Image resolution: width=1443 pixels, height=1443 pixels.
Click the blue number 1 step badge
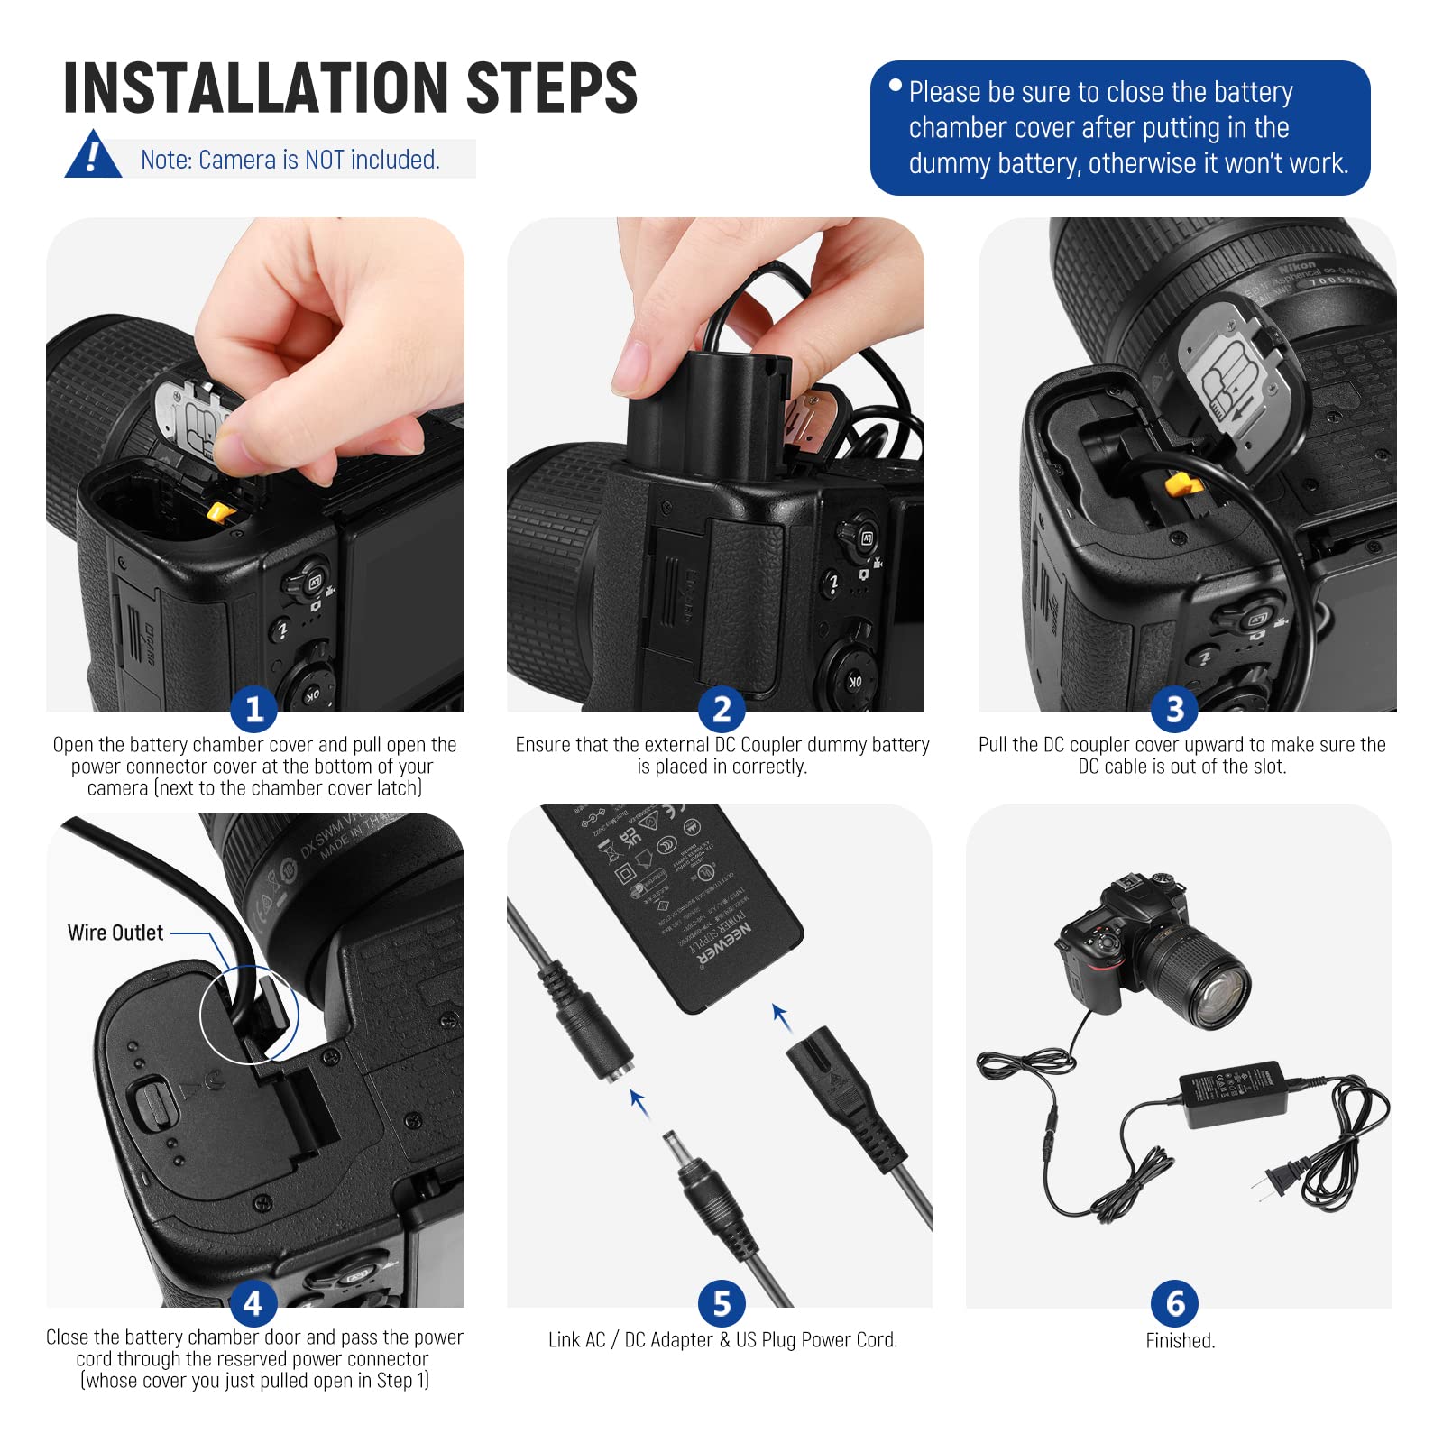pyautogui.click(x=253, y=709)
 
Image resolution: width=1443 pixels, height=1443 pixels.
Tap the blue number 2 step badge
pyautogui.click(x=721, y=709)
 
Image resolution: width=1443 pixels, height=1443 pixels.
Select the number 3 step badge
pyautogui.click(x=1174, y=709)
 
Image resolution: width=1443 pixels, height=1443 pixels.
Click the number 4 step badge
pyautogui.click(x=253, y=1303)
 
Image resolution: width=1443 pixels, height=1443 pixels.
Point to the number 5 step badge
pyautogui.click(x=721, y=1303)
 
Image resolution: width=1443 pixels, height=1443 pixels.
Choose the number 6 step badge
pyautogui.click(x=1174, y=1303)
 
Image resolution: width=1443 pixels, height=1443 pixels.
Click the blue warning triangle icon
pyautogui.click(x=92, y=156)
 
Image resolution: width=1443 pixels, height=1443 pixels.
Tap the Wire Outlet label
pyautogui.click(x=115, y=933)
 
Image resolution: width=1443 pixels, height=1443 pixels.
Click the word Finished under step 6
pyautogui.click(x=1180, y=1341)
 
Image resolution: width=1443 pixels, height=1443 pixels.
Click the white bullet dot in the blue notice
pyautogui.click(x=895, y=87)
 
